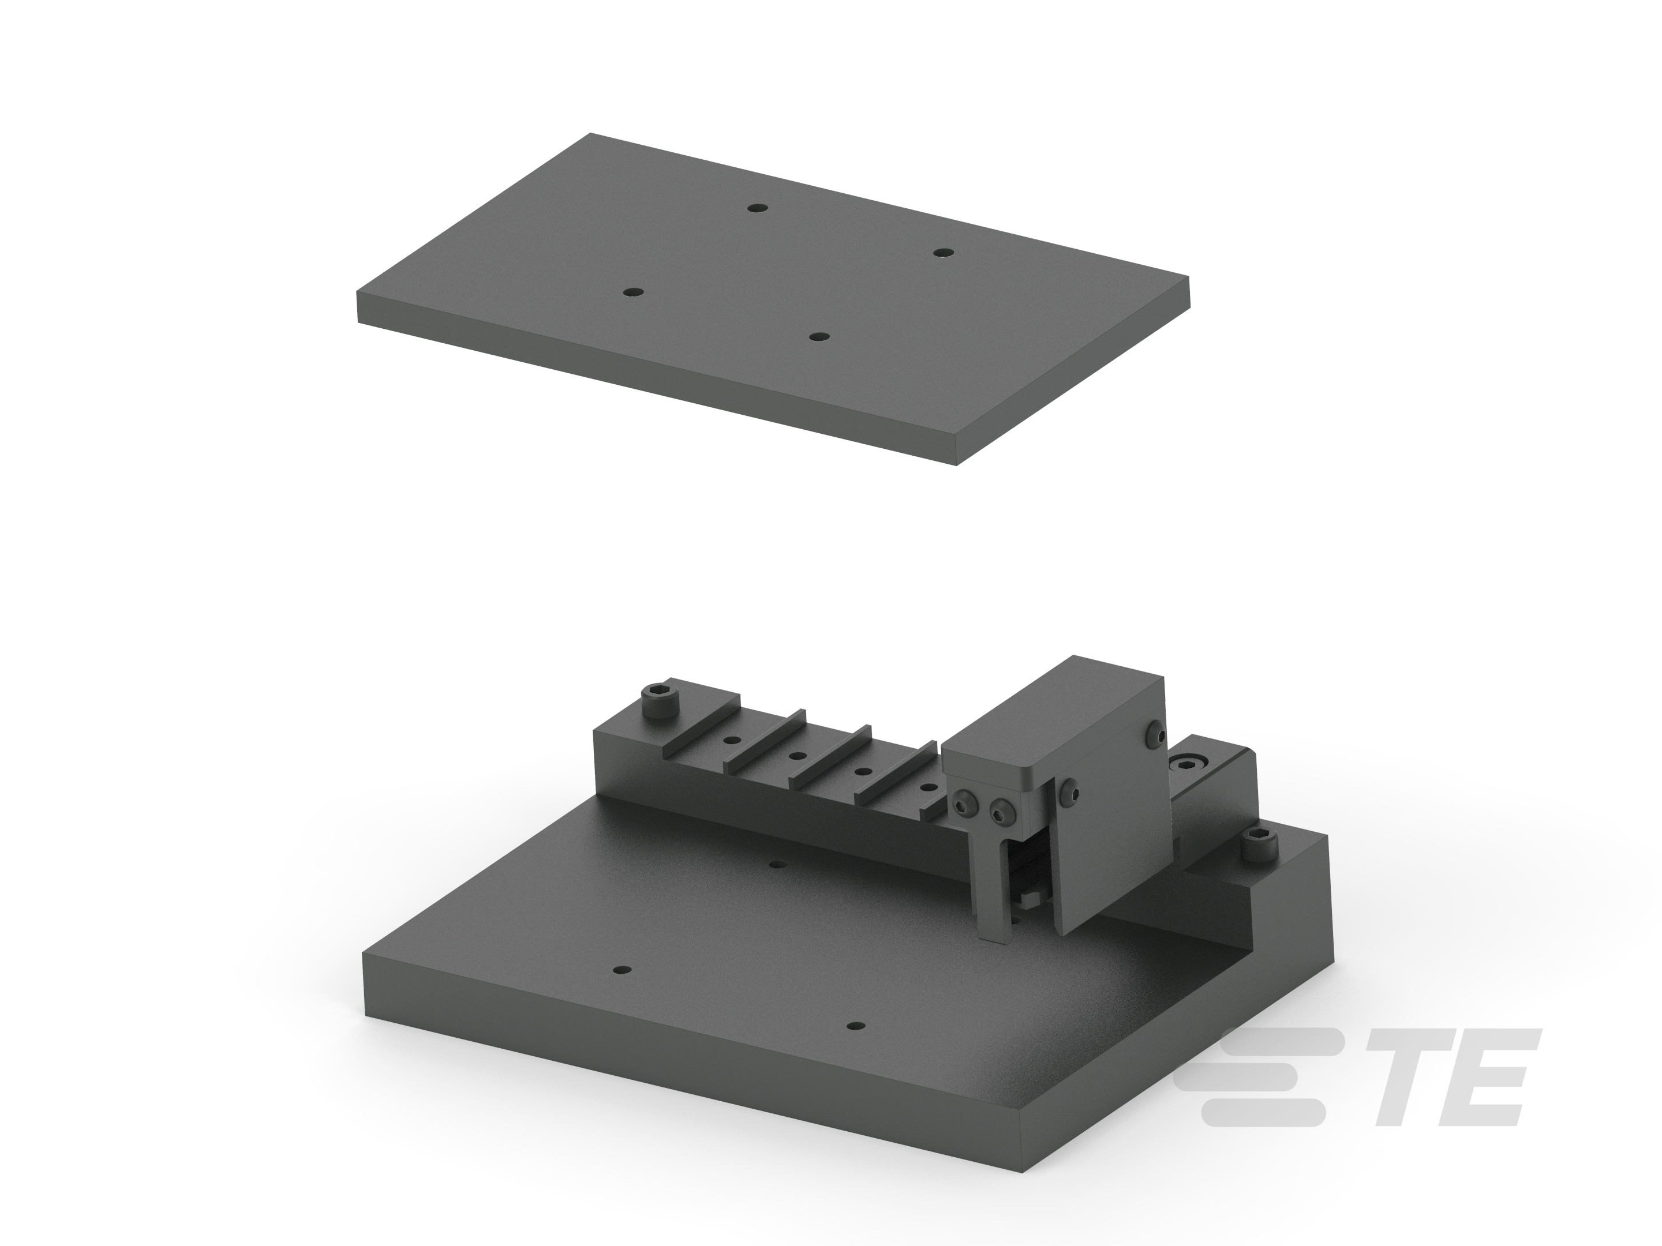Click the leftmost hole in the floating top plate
click(x=635, y=292)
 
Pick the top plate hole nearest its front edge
click(x=819, y=336)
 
